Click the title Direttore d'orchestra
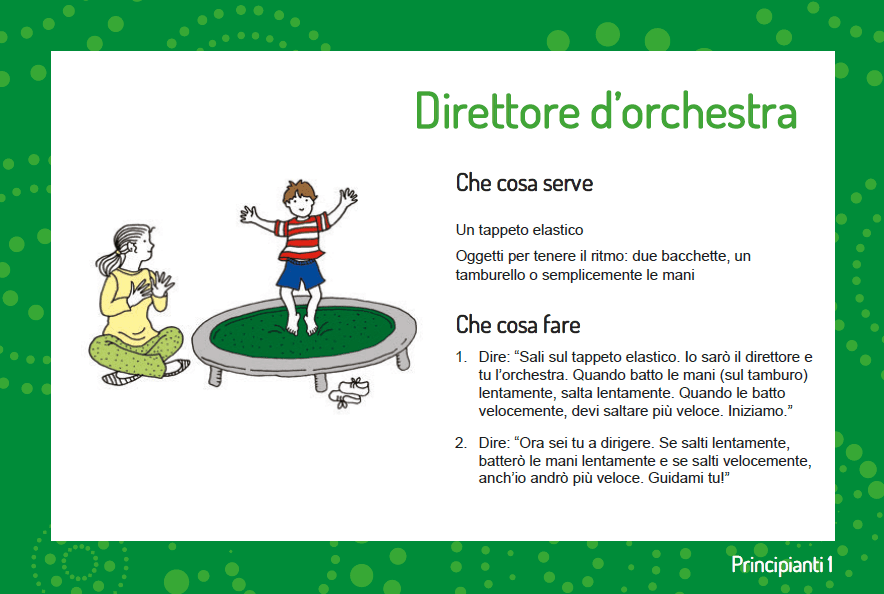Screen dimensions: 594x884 coord(606,110)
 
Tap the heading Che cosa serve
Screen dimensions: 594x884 coord(524,183)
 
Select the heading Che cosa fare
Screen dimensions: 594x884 coord(518,325)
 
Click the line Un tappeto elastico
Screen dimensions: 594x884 coord(519,231)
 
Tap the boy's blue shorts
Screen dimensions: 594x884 coord(301,273)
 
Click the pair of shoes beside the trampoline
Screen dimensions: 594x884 coord(350,393)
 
